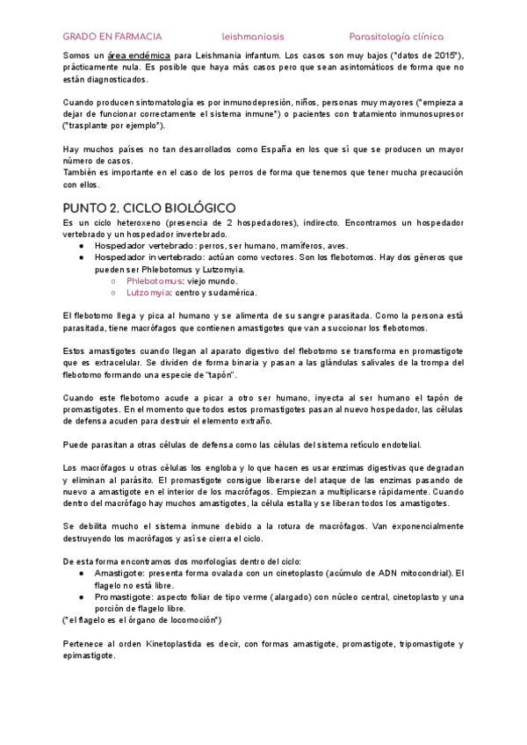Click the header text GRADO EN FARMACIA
(x=112, y=37)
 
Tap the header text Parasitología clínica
(x=395, y=37)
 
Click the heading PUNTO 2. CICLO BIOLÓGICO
(x=149, y=207)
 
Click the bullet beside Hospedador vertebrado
(x=82, y=246)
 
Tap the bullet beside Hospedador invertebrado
(x=82, y=257)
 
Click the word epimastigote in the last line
(x=89, y=655)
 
